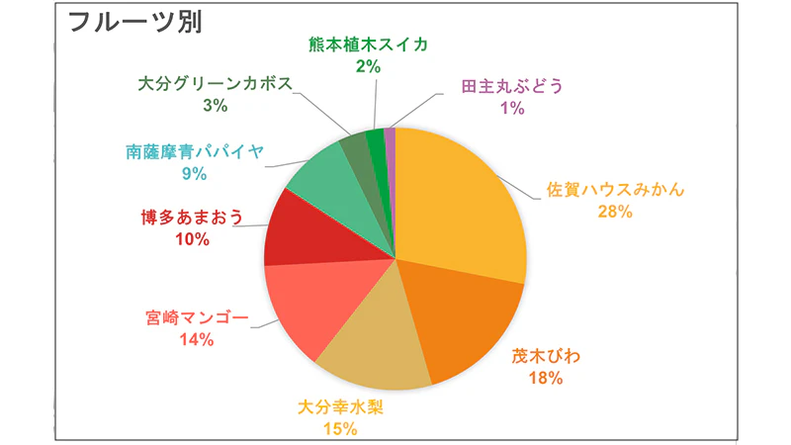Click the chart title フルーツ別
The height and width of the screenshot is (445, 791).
pyautogui.click(x=133, y=23)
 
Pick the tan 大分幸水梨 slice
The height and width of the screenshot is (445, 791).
pyautogui.click(x=371, y=346)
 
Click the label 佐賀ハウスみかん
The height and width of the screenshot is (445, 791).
pyautogui.click(x=615, y=190)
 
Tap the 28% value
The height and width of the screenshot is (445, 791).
pyautogui.click(x=615, y=212)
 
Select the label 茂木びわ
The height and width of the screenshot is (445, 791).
pyautogui.click(x=545, y=356)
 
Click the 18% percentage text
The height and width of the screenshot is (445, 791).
pyautogui.click(x=545, y=378)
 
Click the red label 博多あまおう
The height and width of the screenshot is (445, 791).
pyautogui.click(x=187, y=218)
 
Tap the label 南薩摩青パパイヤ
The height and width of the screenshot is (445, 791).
pyautogui.click(x=196, y=152)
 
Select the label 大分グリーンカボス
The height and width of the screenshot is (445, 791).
pyautogui.click(x=215, y=83)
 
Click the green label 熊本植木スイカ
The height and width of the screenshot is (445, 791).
pyautogui.click(x=368, y=44)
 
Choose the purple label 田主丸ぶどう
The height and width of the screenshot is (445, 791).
pyautogui.click(x=512, y=86)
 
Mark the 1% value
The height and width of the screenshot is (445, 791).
pyautogui.click(x=512, y=108)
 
